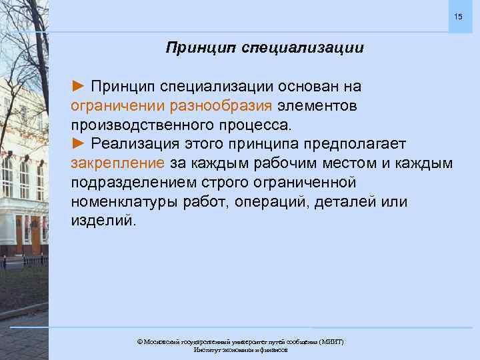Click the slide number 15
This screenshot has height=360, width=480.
pyautogui.click(x=458, y=15)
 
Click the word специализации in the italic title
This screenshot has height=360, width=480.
pyautogui.click(x=303, y=48)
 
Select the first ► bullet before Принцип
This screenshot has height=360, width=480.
pyautogui.click(x=79, y=86)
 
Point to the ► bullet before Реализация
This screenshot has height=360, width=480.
pyautogui.click(x=79, y=144)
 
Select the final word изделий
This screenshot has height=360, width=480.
pyautogui.click(x=103, y=221)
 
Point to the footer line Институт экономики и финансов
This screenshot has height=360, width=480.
pyautogui.click(x=240, y=350)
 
